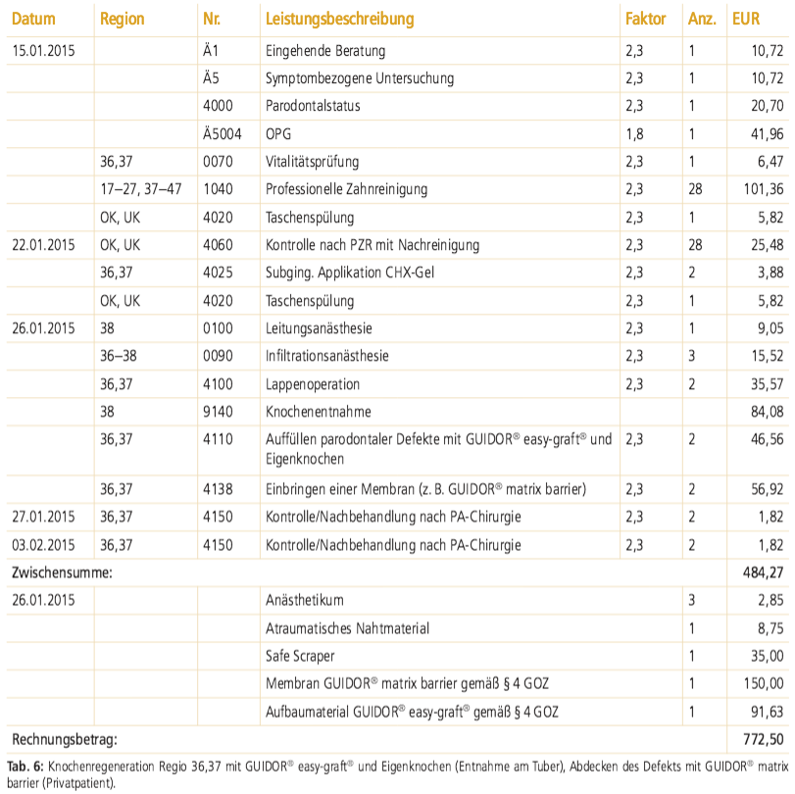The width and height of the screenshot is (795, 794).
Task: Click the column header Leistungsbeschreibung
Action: [x=340, y=20]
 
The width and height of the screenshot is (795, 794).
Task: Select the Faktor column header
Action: [x=645, y=19]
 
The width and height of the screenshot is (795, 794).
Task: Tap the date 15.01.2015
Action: [x=43, y=51]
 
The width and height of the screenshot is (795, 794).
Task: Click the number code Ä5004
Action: [x=223, y=134]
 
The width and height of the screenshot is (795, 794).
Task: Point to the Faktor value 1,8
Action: [x=634, y=134]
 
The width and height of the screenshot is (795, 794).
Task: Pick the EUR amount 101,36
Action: [x=764, y=189]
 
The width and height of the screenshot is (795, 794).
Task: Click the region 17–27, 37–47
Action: [x=141, y=189]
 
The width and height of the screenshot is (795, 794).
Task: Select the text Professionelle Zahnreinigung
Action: [x=346, y=189]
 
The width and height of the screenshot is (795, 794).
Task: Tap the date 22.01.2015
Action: [x=43, y=245]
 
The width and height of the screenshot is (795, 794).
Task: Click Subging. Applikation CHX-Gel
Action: [x=350, y=273]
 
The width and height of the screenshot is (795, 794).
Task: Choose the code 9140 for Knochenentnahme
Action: [x=218, y=411]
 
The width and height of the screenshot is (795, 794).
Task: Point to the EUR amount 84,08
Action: [x=768, y=411]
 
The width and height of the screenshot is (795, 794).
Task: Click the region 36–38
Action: [x=119, y=356]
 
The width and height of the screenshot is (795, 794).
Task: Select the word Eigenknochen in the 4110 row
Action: [x=305, y=460]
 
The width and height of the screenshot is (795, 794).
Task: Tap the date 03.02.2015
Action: [x=43, y=545]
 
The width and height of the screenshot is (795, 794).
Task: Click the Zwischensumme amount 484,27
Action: [x=764, y=572]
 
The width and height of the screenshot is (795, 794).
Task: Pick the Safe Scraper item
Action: [x=300, y=656]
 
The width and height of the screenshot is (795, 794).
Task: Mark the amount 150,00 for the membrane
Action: [x=764, y=683]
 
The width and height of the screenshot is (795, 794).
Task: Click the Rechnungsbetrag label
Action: [x=65, y=739]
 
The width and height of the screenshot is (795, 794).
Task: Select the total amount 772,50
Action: [x=764, y=739]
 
